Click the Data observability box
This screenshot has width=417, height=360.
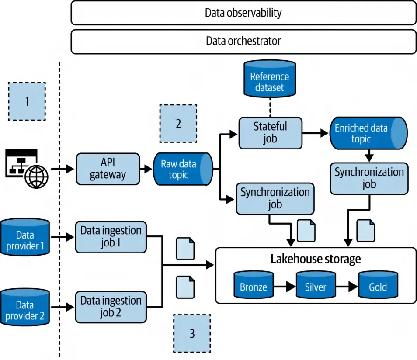coord(243,13)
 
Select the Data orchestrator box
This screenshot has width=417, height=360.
coord(243,42)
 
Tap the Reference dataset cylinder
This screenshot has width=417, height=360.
coord(269,81)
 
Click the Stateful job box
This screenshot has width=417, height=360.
coord(270,133)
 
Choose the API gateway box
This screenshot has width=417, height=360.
coord(108,169)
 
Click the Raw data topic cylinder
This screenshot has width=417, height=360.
coord(182,169)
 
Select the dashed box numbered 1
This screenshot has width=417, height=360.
coord(27,101)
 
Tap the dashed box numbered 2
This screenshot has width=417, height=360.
coord(178,123)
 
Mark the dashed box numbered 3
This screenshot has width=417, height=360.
coord(192,333)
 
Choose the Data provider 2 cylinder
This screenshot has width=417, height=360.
coord(25,309)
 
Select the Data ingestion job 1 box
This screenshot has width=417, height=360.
coord(111,237)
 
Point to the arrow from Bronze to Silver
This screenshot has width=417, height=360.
coord(285,287)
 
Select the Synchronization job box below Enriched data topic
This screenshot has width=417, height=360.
coord(369,178)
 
